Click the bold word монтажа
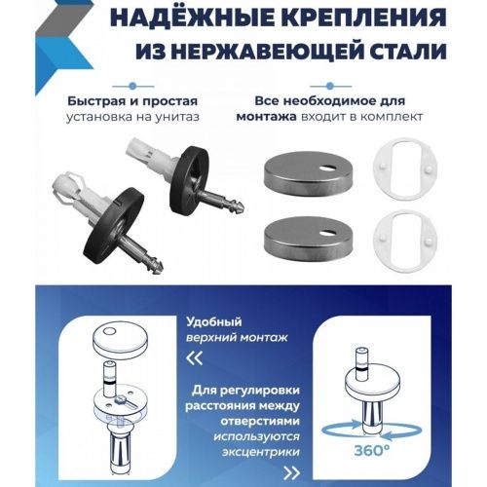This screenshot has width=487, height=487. pos(266,118)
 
